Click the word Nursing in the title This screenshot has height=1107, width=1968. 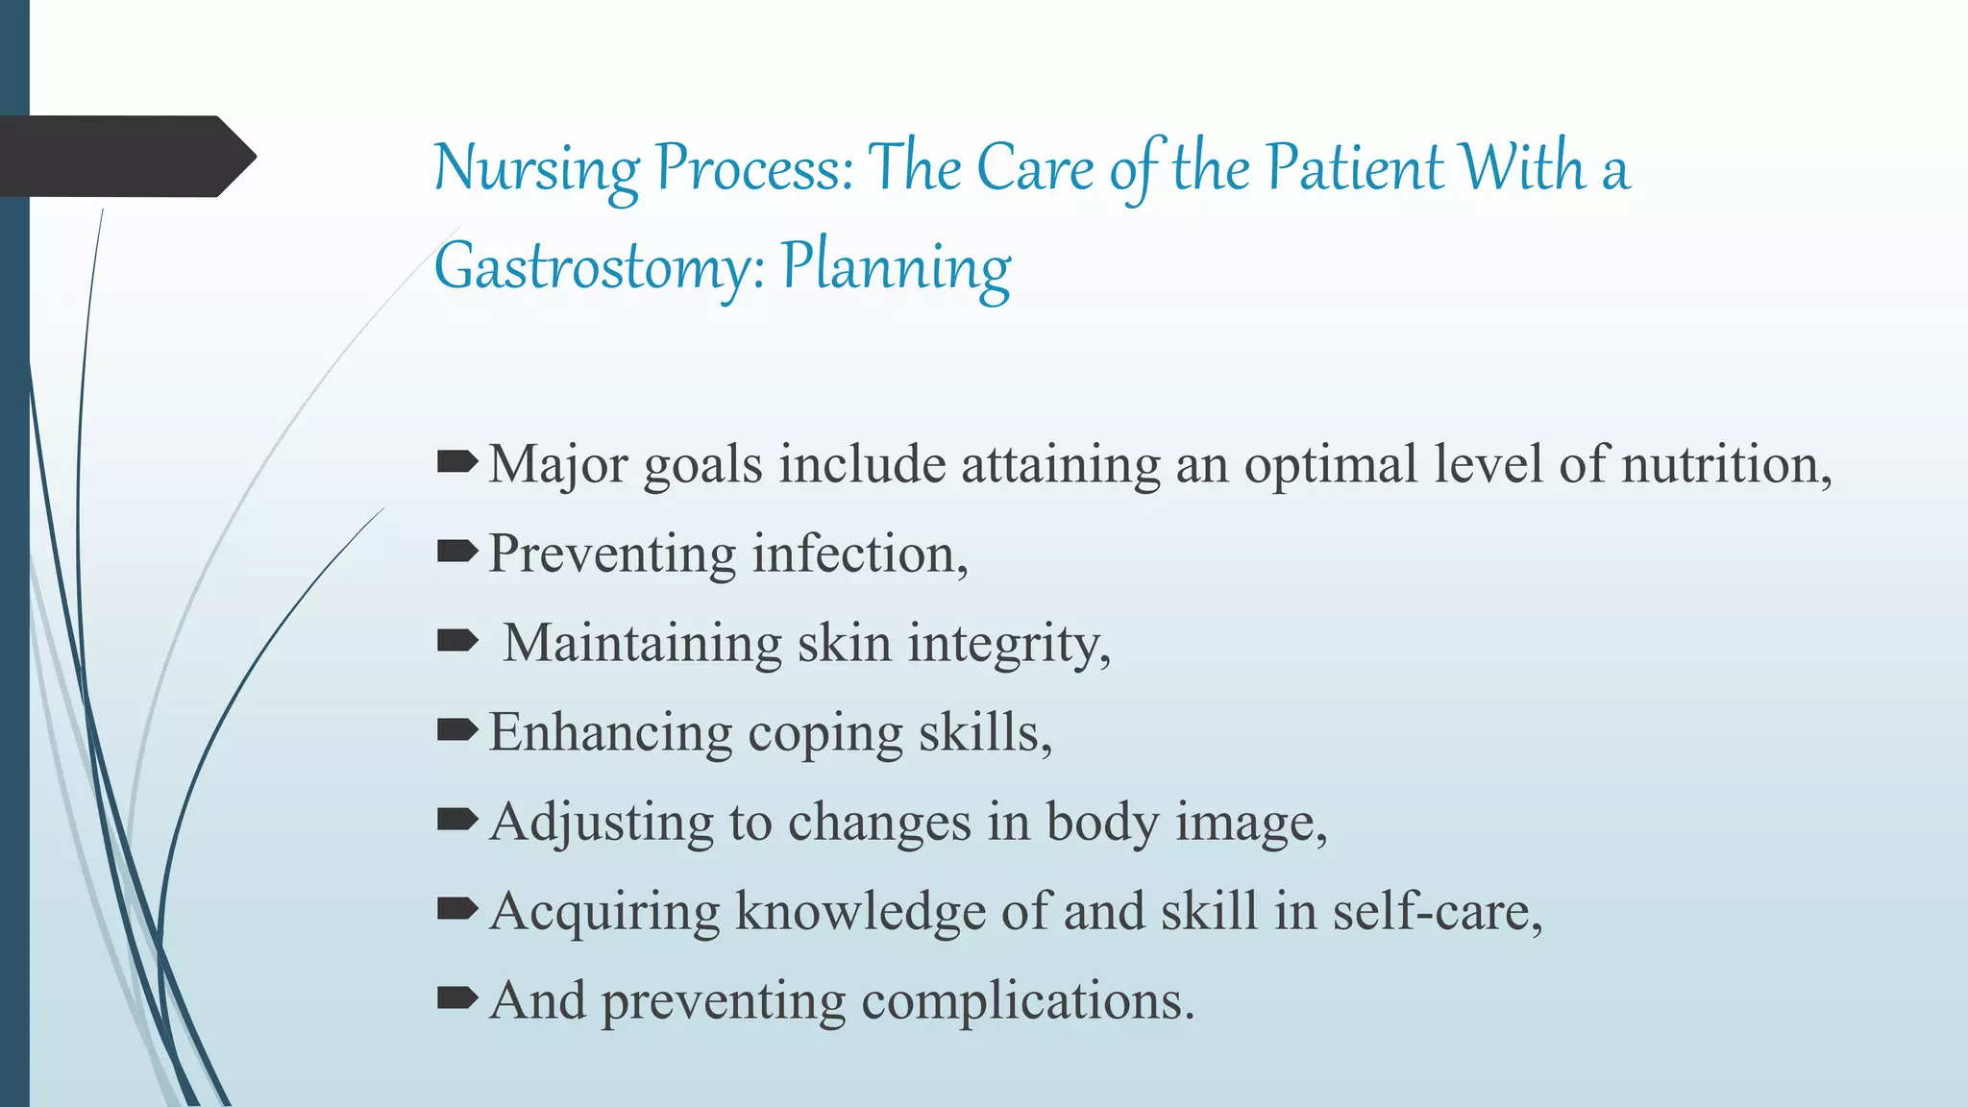point(536,169)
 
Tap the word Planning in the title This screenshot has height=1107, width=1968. point(896,268)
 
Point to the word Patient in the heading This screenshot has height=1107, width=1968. point(1354,167)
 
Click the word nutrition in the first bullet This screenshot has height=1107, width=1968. point(1725,465)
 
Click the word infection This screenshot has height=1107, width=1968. point(859,554)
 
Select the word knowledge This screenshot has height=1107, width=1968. point(860,912)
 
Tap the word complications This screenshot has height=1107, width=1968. point(1027,1001)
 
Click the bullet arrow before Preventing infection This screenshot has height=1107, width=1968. point(456,552)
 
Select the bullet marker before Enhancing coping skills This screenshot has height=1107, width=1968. point(456,730)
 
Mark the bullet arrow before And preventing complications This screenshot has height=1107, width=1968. point(456,998)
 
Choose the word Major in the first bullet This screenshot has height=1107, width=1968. point(557,465)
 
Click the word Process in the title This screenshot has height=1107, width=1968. point(753,169)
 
